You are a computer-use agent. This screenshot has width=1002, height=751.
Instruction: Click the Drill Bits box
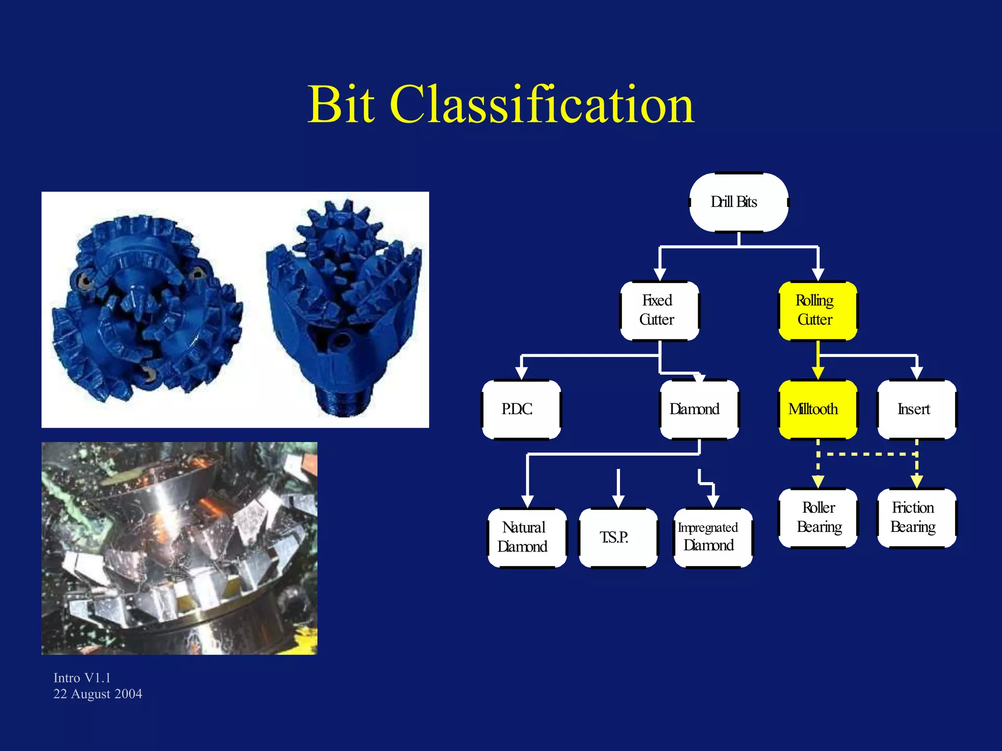pos(738,202)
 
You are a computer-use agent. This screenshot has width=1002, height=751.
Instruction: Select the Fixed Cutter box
pos(659,310)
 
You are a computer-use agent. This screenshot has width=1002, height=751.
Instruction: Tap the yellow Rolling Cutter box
pos(818,310)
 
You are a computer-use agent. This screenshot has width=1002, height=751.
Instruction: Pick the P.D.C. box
pos(521,409)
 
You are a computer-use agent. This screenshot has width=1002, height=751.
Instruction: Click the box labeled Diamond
pos(699,409)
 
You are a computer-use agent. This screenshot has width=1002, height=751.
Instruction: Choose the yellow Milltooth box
pos(818,409)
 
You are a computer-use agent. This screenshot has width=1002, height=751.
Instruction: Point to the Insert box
pos(916,409)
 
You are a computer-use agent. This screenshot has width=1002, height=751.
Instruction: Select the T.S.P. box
pos(618,537)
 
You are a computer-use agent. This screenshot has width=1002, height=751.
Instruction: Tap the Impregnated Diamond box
pos(712,537)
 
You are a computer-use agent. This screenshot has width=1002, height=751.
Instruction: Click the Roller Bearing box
pos(818,518)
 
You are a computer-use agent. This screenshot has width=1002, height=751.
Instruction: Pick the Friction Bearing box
pos(916,518)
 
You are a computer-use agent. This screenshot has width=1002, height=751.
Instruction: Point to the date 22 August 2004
pos(97,694)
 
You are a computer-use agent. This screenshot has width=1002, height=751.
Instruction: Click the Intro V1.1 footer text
pos(82,678)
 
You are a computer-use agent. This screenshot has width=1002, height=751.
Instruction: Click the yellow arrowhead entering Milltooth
pos(818,373)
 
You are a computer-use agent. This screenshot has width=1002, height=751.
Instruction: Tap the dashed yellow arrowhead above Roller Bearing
pos(818,482)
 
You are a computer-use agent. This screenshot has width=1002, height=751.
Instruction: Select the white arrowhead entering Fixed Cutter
pos(660,274)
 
